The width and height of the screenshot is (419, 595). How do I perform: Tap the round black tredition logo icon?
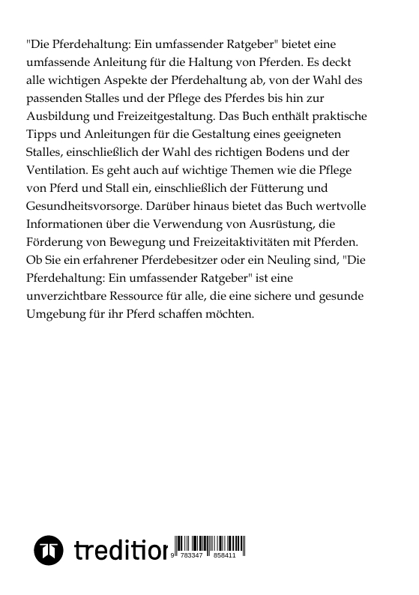pyautogui.click(x=49, y=551)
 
